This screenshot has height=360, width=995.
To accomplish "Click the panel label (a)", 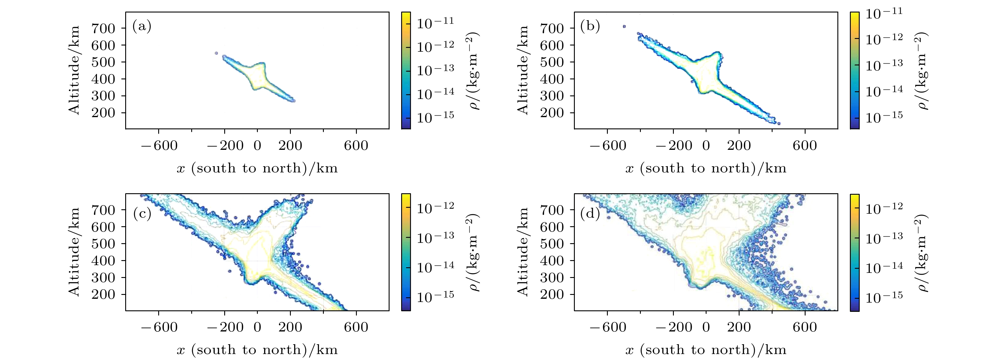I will [x=142, y=27].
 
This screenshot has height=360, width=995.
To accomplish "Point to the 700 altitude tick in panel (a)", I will [x=103, y=28].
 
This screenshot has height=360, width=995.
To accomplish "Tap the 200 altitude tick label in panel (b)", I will [x=552, y=113].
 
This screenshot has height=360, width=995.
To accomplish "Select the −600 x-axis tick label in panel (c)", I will [x=159, y=328].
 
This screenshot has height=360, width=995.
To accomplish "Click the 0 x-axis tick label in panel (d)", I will [x=706, y=328].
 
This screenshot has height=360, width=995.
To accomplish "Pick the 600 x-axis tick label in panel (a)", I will [x=356, y=146].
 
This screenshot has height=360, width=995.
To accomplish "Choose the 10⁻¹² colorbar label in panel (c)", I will [x=435, y=207].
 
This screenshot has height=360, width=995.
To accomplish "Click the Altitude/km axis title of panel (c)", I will [x=74, y=252].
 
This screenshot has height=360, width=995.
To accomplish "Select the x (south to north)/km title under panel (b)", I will [x=706, y=169].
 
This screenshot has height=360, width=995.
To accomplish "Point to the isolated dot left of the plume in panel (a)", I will [x=216, y=53].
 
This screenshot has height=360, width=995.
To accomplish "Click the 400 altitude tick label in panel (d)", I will [x=552, y=261].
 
